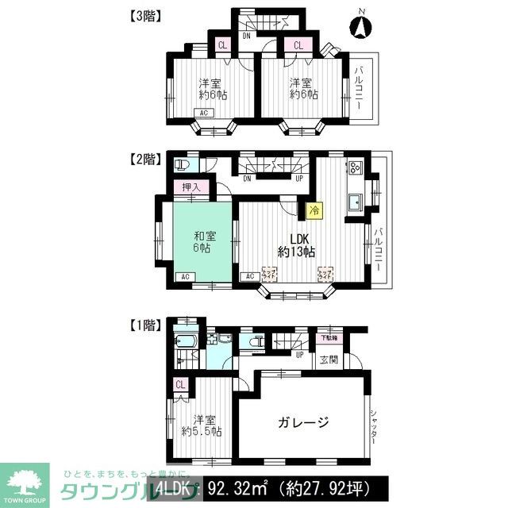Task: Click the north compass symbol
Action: [360, 28]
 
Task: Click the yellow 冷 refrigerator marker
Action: [314, 210]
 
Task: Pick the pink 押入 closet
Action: [191, 187]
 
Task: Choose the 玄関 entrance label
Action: [328, 359]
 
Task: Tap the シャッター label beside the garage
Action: [373, 432]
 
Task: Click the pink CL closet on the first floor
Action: [180, 385]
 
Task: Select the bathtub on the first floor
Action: [187, 344]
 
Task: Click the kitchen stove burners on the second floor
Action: [352, 168]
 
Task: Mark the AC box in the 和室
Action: [183, 276]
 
